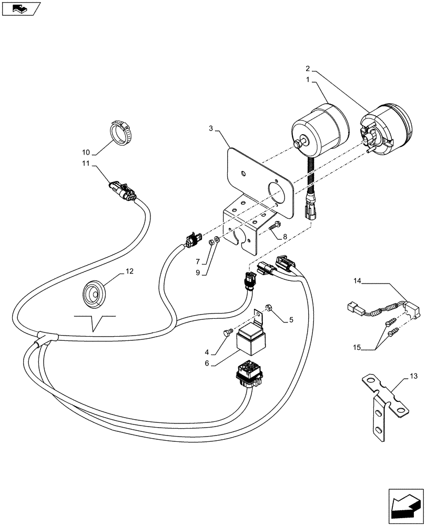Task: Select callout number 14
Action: click(x=358, y=282)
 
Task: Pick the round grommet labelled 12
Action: click(x=95, y=292)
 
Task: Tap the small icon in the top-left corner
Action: click(x=21, y=8)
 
